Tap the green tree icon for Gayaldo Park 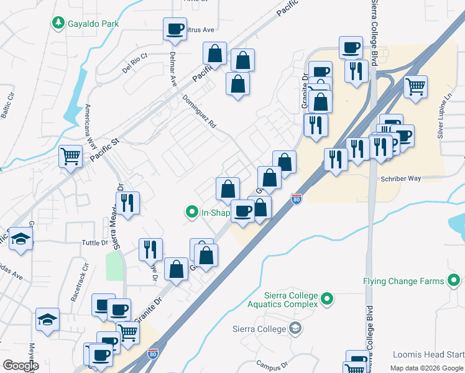(x=58, y=23)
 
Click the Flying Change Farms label (x=404, y=281)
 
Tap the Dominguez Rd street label (x=199, y=111)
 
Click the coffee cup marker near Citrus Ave (x=175, y=29)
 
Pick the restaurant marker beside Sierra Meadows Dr (x=127, y=203)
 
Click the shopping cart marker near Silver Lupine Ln (x=415, y=86)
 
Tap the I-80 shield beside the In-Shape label (x=297, y=199)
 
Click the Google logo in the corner (x=21, y=366)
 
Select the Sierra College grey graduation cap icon (x=296, y=328)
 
